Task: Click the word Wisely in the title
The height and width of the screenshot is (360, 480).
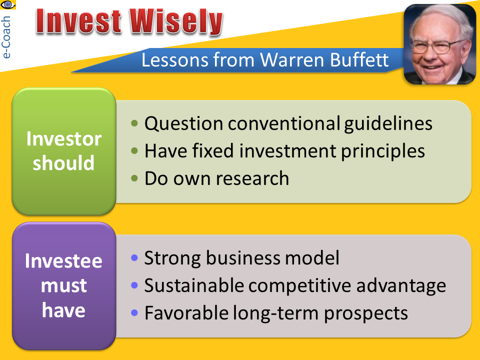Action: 176,22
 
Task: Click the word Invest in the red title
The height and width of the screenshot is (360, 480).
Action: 78,21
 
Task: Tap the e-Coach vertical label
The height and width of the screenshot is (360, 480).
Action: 6,37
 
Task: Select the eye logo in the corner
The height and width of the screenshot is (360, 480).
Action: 7,4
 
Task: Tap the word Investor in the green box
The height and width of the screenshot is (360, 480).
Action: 63,138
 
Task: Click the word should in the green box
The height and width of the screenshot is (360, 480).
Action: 63,162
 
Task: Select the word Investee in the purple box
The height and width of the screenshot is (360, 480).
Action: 63,261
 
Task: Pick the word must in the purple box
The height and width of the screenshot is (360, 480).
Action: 63,285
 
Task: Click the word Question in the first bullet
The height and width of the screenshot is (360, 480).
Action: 183,124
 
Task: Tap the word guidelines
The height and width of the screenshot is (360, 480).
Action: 388,124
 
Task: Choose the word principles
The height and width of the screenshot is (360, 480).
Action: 382,151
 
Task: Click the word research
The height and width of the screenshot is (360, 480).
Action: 255,178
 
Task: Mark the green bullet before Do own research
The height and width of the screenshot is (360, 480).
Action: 134,178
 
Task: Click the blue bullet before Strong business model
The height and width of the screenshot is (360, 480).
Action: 134,257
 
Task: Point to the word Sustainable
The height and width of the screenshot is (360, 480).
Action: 194,285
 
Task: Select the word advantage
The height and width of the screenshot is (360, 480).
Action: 401,286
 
